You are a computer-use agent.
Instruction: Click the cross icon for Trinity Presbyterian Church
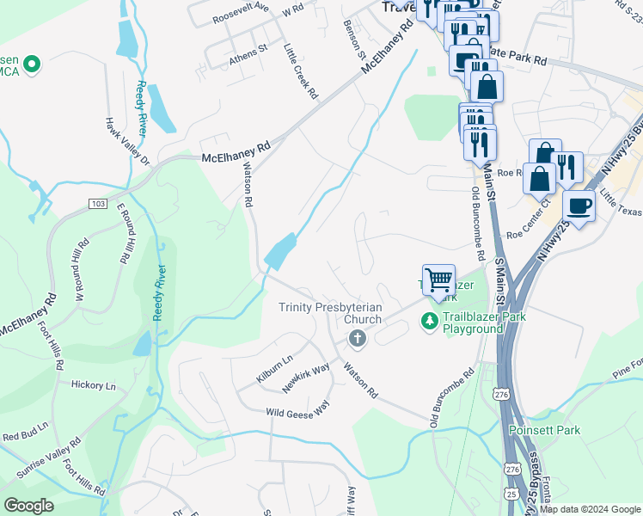click(357, 341)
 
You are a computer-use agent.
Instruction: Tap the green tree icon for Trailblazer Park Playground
click(430, 322)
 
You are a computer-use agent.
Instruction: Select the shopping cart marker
click(438, 279)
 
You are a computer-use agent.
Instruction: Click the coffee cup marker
click(579, 207)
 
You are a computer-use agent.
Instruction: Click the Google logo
click(28, 506)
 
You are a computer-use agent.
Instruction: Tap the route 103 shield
click(96, 203)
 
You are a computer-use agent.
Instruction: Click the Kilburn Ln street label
click(274, 368)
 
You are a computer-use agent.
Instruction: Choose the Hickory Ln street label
click(94, 386)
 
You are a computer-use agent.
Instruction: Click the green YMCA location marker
click(32, 64)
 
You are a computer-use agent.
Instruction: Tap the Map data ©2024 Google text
click(590, 509)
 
